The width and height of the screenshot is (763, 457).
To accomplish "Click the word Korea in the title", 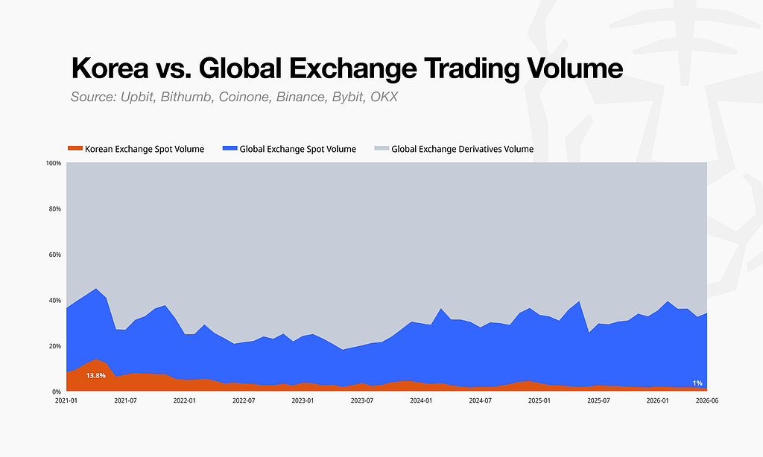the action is pos(110,68).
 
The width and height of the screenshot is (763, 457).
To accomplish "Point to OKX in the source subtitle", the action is pos(384,97).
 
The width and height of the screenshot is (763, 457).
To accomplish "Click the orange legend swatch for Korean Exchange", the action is pos(75,148).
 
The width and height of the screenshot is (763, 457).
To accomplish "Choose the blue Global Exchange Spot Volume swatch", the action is pos(229,148).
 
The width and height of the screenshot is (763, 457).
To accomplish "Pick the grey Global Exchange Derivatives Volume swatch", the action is pos(381,148).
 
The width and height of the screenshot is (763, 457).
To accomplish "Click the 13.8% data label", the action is pos(96,375).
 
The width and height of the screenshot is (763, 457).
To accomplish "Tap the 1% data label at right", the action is pos(697,383).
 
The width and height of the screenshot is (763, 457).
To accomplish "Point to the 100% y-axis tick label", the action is pos(54,163).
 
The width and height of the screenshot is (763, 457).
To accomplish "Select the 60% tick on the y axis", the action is pos(55,255).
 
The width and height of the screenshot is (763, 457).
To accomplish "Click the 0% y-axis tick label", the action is pos(57,392).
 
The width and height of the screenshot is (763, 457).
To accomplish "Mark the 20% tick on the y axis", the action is pos(55,345).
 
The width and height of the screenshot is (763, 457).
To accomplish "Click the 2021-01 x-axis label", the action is pos(66,400).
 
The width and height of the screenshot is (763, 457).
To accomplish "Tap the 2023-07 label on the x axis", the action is pos(362,400).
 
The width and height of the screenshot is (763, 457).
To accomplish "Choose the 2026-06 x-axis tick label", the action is pos(707,400).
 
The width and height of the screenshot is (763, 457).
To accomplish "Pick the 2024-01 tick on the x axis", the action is pos(421,400).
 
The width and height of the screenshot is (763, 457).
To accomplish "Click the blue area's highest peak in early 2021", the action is pos(96,288).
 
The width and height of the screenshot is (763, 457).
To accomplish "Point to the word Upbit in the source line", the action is pos(138,97).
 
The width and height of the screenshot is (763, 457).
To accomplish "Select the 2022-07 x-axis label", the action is pos(244,400).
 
